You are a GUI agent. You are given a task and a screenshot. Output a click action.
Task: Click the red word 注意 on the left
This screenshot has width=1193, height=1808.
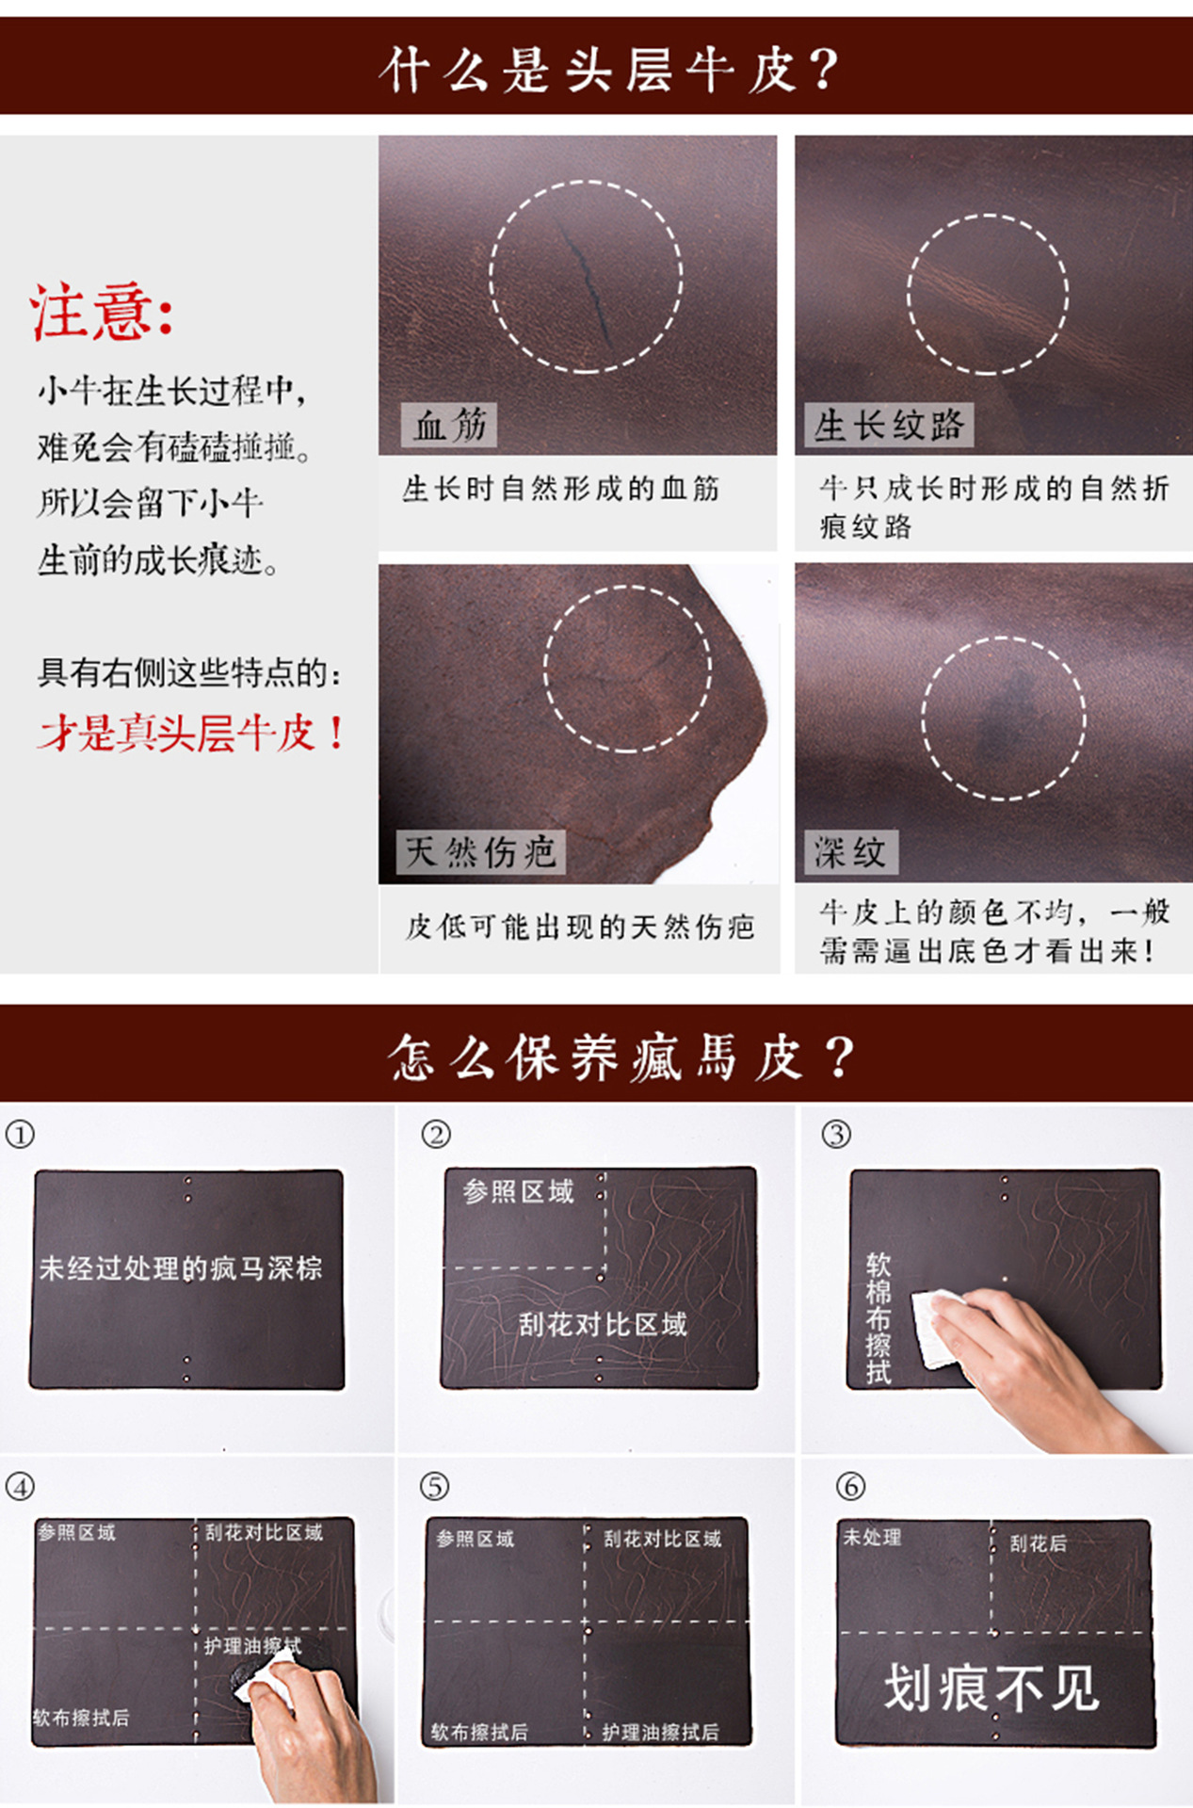90,312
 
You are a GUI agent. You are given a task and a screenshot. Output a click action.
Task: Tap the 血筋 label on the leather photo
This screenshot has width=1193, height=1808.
449,426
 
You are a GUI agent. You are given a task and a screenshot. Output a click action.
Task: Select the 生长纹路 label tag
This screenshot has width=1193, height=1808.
888,426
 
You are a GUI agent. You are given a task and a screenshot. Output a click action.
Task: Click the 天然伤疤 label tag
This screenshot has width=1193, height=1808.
480,852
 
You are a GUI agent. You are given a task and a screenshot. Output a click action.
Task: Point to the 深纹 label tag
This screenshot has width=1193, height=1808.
850,852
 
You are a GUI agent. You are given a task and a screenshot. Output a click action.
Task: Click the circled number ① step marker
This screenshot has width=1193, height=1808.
20,1134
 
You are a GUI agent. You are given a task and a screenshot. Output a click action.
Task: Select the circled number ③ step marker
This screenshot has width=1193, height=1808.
836,1134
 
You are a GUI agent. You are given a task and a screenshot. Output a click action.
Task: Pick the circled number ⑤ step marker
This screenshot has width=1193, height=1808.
434,1487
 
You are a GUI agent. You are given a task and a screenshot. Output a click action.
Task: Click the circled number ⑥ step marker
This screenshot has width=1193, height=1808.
850,1487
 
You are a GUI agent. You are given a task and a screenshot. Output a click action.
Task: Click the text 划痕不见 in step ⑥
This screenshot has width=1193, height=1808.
991,1688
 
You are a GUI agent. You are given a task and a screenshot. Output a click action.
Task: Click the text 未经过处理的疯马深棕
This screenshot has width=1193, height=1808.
181,1268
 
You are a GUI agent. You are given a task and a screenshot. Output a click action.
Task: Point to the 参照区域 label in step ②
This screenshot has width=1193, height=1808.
518,1192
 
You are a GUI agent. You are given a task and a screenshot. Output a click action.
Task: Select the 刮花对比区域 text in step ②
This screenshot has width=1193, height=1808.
603,1325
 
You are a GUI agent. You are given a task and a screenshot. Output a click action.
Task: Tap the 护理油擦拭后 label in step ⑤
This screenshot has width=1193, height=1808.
661,1732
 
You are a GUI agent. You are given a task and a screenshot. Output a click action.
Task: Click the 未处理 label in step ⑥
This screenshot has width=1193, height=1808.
872,1537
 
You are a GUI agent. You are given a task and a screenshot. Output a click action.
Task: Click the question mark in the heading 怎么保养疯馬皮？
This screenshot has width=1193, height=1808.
840,1057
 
